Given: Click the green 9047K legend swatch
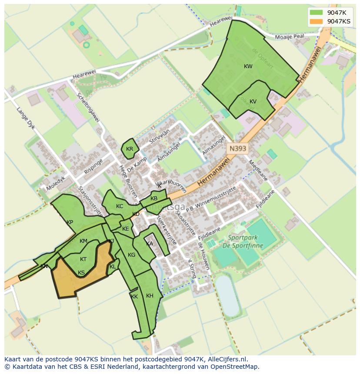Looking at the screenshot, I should tap(317, 13).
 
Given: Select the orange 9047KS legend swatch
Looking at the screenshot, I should tap(317, 21).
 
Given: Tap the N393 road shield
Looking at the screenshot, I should tap(238, 149).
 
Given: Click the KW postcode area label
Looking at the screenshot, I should tap(248, 66).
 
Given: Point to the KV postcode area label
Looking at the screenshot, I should tap(253, 102).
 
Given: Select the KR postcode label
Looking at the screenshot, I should tap(130, 149).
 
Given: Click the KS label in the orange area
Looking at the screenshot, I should tap(81, 273).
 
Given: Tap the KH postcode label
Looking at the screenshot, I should tap(150, 296).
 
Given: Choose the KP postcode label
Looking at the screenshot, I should tap(70, 222).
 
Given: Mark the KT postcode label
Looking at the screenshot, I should tap(83, 259).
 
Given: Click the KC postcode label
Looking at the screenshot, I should tap(120, 206).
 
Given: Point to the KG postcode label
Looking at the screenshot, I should tap(132, 255).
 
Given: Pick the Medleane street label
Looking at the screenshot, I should tap(258, 171).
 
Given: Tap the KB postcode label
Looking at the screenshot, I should tap(154, 199).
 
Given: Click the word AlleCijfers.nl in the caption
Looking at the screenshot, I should tap(226, 359).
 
